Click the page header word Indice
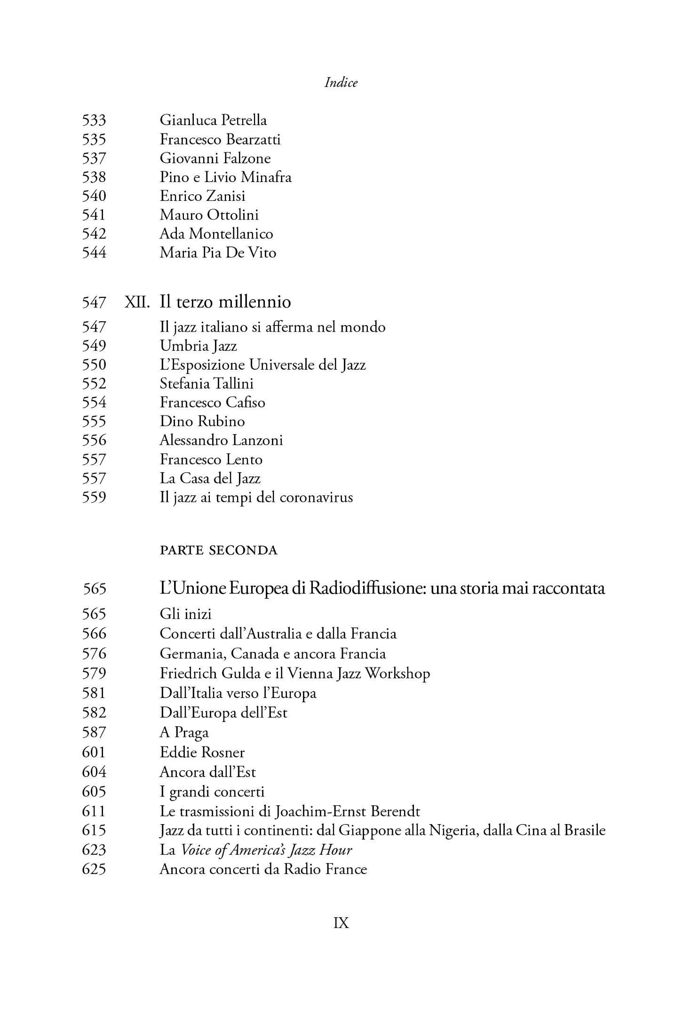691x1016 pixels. click(x=341, y=83)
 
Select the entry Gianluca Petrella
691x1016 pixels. click(x=213, y=120)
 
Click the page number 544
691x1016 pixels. click(x=94, y=253)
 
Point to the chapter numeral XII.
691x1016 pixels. click(x=137, y=302)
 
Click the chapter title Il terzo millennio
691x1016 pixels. click(x=225, y=302)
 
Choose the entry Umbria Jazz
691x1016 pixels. click(x=198, y=346)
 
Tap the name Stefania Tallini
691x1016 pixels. click(x=207, y=383)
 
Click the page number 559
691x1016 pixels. click(x=94, y=497)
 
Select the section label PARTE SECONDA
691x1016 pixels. click(x=219, y=550)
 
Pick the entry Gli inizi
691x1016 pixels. click(x=186, y=614)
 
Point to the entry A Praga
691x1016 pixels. click(x=184, y=732)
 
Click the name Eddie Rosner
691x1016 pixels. click(x=202, y=752)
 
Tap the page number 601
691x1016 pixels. click(x=94, y=752)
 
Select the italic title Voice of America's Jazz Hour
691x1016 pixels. click(x=266, y=850)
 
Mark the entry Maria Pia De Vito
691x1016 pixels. click(x=218, y=253)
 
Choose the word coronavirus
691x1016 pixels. click(x=316, y=497)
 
